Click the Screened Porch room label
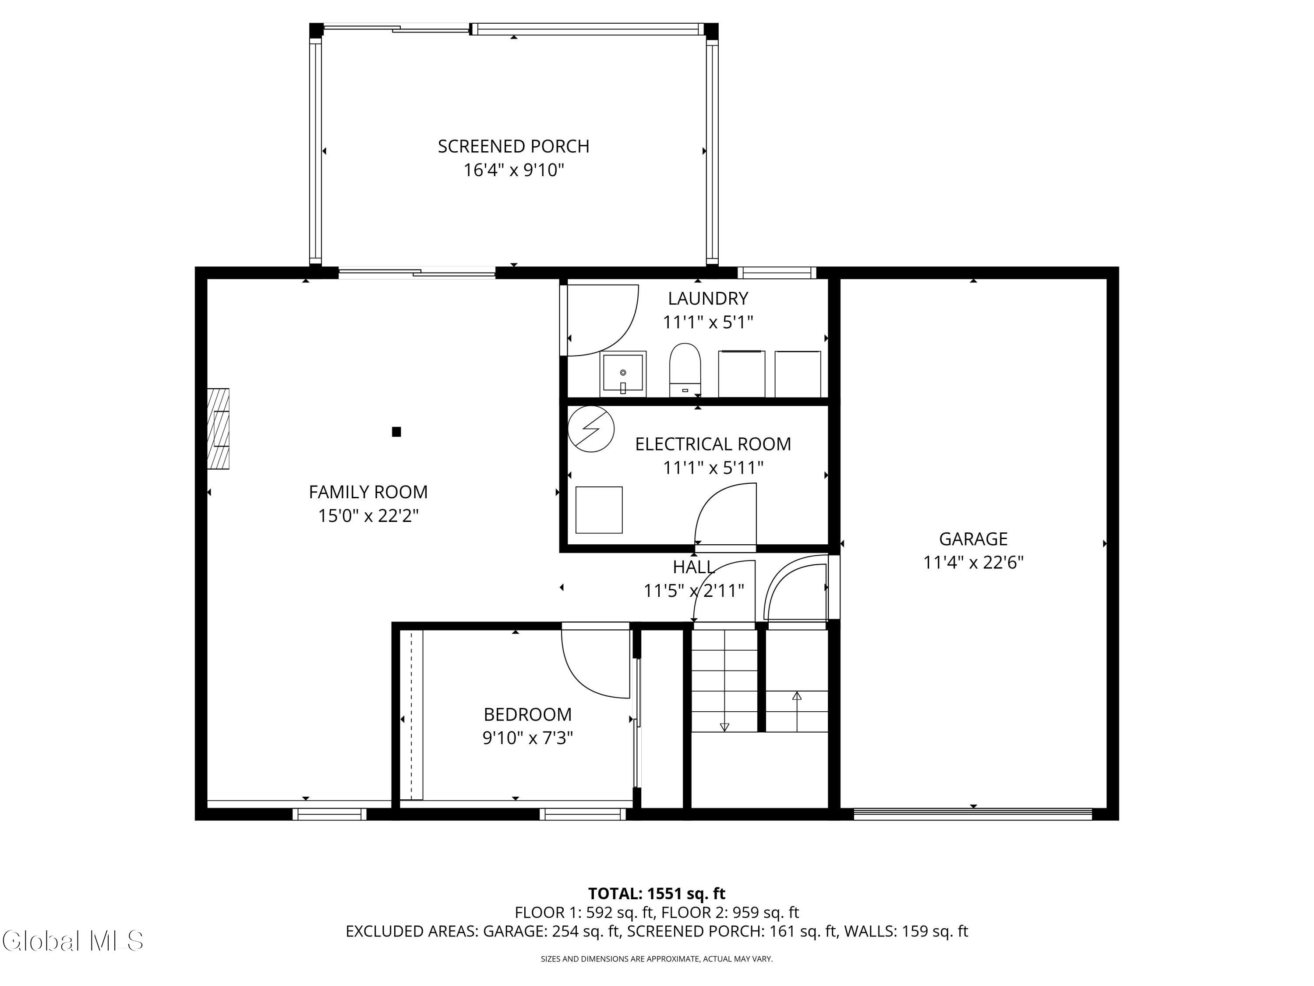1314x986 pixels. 513,146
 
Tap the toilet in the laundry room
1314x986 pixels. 685,370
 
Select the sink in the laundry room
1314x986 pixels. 622,374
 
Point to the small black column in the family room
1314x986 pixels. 396,432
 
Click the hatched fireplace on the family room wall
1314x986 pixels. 218,429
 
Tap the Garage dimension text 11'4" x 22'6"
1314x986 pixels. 973,562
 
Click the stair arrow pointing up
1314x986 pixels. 797,711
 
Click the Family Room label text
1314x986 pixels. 368,492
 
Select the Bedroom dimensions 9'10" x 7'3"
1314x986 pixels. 527,738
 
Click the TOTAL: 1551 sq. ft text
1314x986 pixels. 657,893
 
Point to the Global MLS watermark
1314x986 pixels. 72,941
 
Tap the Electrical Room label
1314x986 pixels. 713,444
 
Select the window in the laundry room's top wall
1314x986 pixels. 777,273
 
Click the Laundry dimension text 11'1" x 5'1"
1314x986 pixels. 708,322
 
